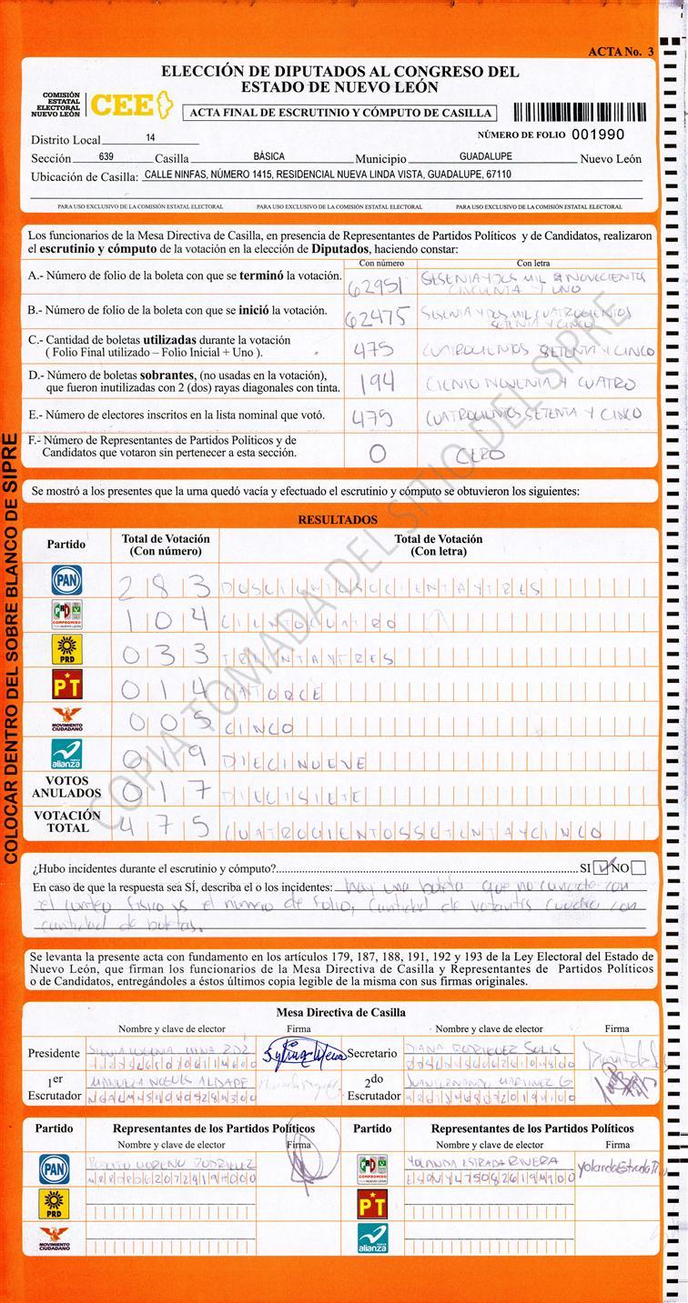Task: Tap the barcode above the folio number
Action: tap(580, 112)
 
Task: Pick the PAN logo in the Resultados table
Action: tap(66, 580)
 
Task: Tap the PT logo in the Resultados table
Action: tap(66, 683)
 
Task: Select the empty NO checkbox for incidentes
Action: tap(639, 867)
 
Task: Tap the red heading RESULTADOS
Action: tap(338, 520)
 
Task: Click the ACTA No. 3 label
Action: tap(621, 52)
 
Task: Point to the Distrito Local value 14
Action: tap(150, 138)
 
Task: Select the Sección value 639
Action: tap(106, 156)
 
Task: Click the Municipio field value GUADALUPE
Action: tap(485, 156)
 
